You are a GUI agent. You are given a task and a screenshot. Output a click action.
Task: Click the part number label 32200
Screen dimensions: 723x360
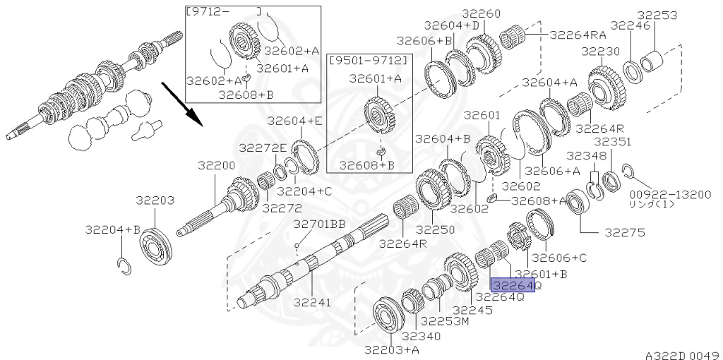(x=217, y=166)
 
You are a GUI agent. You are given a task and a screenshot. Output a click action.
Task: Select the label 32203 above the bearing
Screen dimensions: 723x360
(x=155, y=200)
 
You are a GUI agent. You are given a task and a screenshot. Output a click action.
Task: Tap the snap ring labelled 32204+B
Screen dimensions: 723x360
(x=124, y=267)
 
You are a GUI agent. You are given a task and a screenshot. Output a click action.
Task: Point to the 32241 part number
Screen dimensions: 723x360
(x=313, y=303)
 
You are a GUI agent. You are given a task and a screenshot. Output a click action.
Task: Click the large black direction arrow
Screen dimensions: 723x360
(x=181, y=104)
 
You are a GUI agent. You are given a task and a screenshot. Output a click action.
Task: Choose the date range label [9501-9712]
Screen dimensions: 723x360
(x=369, y=61)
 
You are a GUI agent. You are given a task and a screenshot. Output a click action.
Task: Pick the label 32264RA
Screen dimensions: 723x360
(x=578, y=35)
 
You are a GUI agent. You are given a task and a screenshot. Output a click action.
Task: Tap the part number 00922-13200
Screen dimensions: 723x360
(x=671, y=195)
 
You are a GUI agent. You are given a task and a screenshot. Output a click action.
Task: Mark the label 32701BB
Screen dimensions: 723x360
(x=320, y=224)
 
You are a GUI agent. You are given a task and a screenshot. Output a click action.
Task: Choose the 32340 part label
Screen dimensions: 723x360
(x=421, y=337)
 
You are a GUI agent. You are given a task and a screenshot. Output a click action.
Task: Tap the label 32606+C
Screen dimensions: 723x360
(x=559, y=258)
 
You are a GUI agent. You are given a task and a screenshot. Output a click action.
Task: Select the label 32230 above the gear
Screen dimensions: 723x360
(x=601, y=51)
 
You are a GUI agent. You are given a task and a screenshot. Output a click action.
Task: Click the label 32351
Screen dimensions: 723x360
(x=612, y=141)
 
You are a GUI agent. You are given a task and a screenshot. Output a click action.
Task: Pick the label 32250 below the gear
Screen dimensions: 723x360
(x=435, y=229)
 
